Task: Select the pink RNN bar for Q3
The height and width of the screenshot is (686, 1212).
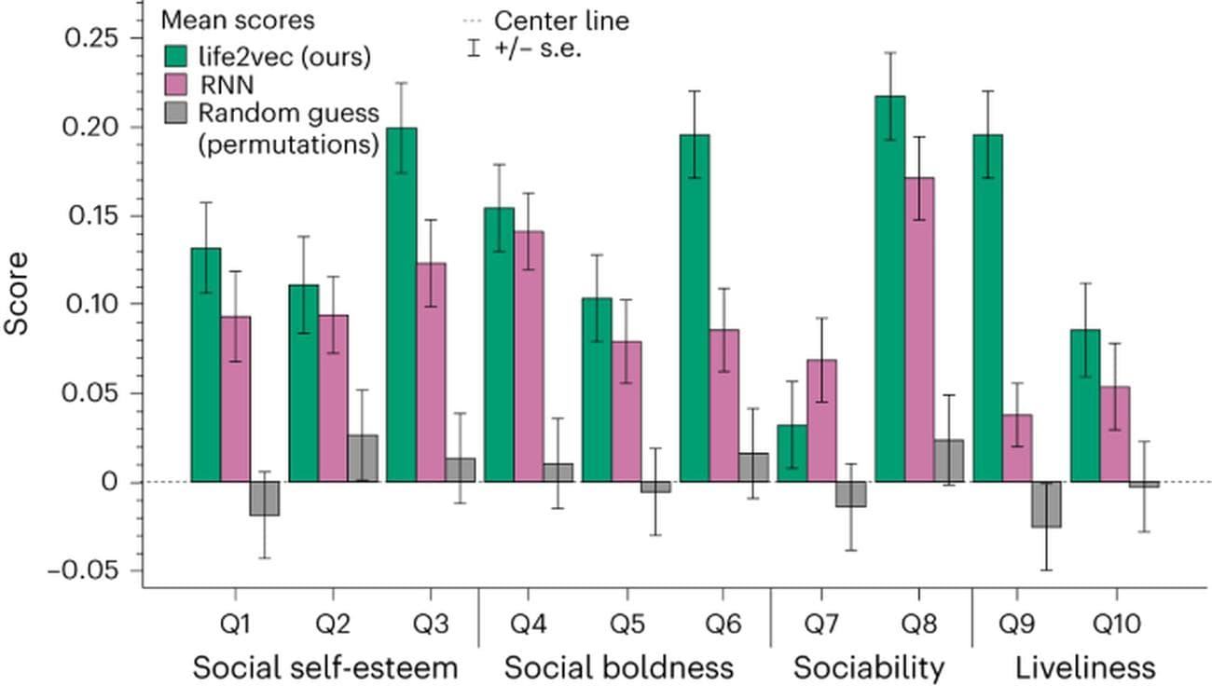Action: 431,373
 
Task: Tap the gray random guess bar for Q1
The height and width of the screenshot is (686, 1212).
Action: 265,499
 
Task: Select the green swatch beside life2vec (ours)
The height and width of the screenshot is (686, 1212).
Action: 176,56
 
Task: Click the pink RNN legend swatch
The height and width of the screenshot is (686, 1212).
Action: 176,85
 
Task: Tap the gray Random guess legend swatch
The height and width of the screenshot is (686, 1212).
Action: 176,115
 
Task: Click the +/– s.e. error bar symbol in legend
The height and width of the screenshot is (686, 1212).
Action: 474,48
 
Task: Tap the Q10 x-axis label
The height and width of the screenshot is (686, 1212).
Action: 1115,625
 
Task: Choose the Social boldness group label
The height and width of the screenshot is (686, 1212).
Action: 619,667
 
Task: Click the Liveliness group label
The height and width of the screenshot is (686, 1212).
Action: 1085,667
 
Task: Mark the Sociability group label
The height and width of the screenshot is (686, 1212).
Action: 869,667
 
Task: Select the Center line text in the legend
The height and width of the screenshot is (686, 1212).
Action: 560,20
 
